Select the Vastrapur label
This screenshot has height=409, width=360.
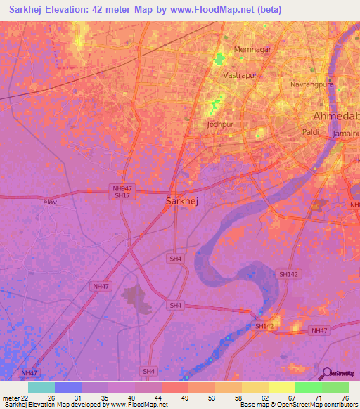coord(237,74)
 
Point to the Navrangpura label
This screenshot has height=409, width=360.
coord(309,84)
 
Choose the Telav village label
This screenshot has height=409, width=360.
coord(49,202)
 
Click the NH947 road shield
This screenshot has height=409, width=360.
coord(121,188)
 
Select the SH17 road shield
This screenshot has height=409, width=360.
coord(121,196)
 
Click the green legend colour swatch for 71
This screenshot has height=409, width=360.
coord(308,387)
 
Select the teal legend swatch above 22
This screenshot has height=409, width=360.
coord(41,387)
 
